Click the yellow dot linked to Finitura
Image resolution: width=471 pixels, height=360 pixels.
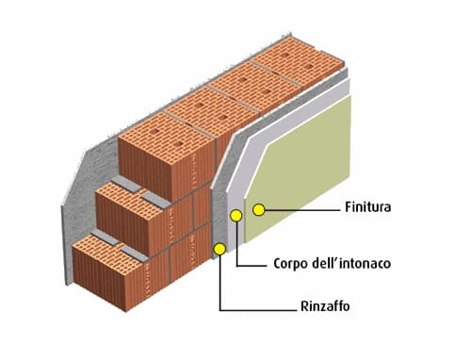point(259,208)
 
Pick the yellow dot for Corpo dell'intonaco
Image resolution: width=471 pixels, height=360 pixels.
point(236,217)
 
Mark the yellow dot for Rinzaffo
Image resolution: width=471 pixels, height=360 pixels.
point(220,250)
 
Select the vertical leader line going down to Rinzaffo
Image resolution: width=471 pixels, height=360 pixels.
point(220,283)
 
